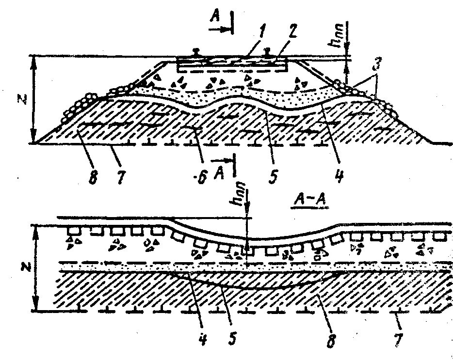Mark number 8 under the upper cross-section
coord(92,176)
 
